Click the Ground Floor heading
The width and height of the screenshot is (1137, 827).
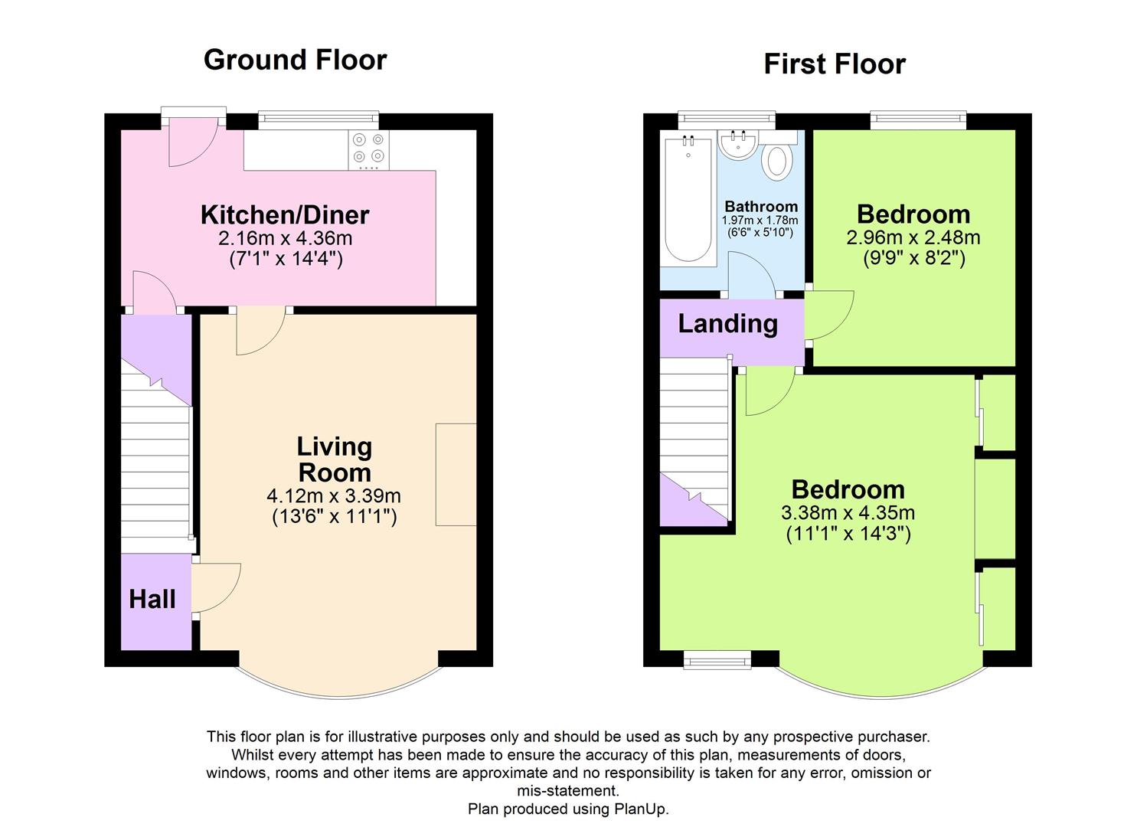click(295, 60)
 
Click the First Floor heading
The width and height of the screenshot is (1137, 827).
click(834, 64)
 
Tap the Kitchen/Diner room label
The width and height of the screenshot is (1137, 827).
click(285, 215)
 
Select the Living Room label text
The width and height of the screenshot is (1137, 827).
click(335, 459)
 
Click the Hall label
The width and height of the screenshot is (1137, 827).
click(152, 599)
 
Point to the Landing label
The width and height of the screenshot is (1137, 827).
click(727, 324)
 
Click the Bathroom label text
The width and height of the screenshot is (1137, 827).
click(761, 207)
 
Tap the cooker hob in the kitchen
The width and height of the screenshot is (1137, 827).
click(369, 150)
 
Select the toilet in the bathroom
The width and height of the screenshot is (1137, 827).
click(778, 162)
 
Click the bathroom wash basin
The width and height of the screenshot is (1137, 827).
click(738, 145)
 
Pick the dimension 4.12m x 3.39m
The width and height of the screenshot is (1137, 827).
click(334, 495)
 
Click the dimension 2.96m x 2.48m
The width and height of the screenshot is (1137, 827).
click(913, 237)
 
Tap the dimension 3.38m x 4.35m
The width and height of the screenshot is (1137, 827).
click(848, 512)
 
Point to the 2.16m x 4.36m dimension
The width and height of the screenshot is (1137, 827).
click(285, 238)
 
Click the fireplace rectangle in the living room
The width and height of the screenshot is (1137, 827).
click(456, 474)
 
